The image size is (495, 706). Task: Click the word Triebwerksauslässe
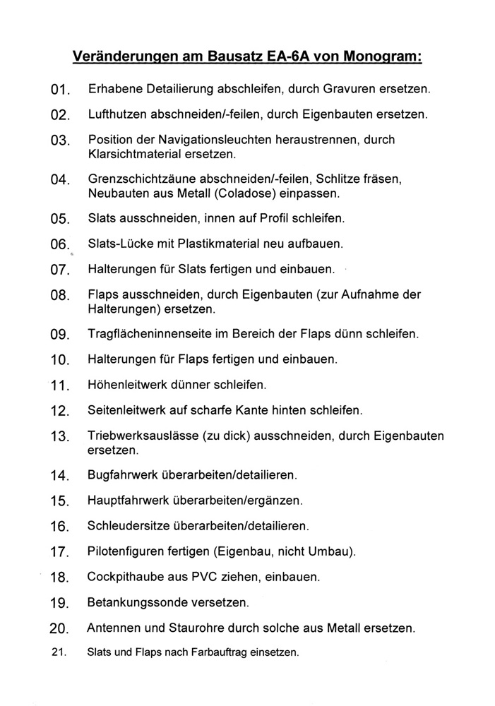tap(140, 436)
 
